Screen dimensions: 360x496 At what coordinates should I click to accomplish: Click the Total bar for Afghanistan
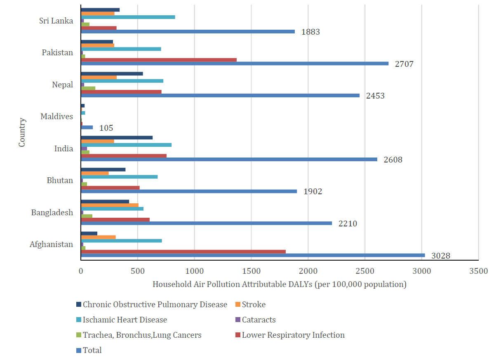pyautogui.click(x=253, y=255)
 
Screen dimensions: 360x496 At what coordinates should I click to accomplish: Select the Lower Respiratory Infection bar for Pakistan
pyautogui.click(x=159, y=60)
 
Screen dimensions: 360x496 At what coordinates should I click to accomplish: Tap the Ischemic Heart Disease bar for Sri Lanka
pyautogui.click(x=128, y=17)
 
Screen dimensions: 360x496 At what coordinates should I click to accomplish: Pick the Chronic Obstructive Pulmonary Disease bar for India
pyautogui.click(x=117, y=138)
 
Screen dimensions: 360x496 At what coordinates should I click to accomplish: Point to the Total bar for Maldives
pyautogui.click(x=87, y=127)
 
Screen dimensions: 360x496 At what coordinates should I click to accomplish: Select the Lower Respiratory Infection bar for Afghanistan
pyautogui.click(x=183, y=252)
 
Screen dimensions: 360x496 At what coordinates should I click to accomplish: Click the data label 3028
pyautogui.click(x=441, y=256)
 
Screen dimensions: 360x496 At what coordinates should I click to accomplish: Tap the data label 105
pyautogui.click(x=106, y=128)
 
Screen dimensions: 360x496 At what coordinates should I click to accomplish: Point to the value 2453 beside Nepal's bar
pyautogui.click(x=375, y=96)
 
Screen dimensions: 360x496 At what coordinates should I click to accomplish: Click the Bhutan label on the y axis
pyautogui.click(x=60, y=181)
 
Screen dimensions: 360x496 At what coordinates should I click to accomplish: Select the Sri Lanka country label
pyautogui.click(x=56, y=21)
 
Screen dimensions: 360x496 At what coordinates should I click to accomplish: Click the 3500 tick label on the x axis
pyautogui.click(x=478, y=271)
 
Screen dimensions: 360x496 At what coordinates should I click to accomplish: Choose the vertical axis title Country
pyautogui.click(x=22, y=132)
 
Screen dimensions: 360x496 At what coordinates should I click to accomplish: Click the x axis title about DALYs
pyautogui.click(x=280, y=285)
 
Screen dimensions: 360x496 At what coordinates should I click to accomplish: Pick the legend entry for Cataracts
pyautogui.click(x=259, y=320)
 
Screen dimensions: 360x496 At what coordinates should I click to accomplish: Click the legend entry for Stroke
pyautogui.click(x=253, y=305)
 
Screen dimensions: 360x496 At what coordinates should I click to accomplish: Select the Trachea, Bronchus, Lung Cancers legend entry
pyautogui.click(x=142, y=335)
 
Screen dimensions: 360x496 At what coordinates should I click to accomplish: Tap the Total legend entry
pyautogui.click(x=92, y=350)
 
